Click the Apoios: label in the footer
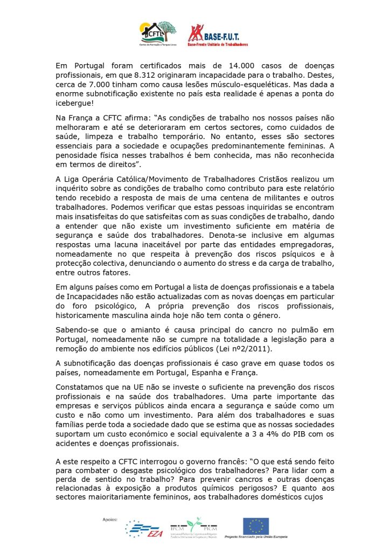tap(110, 519)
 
